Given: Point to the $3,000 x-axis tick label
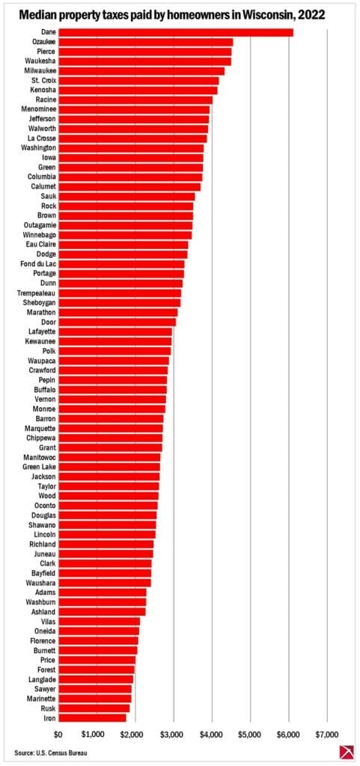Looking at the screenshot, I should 173,733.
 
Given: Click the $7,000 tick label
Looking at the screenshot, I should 327,733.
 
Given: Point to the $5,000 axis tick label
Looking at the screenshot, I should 250,733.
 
